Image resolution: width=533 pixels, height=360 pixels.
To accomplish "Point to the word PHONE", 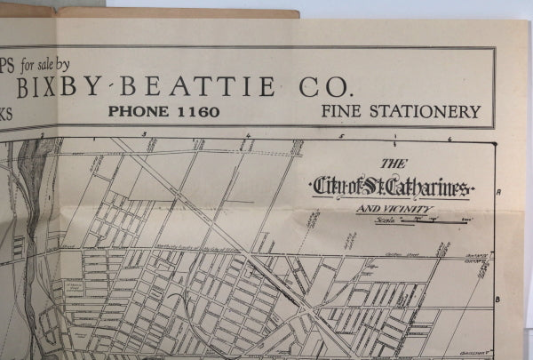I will pyautogui.click(x=138, y=112).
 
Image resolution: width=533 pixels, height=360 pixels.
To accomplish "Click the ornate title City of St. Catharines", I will pyautogui.click(x=392, y=188).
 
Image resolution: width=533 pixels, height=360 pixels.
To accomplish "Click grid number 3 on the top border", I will pyautogui.click(x=144, y=134).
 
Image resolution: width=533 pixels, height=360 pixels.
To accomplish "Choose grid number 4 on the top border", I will pyautogui.click(x=249, y=136).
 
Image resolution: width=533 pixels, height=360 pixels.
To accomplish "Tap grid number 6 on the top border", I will pyautogui.click(x=449, y=139).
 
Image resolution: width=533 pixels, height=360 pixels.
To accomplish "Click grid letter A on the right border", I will pyautogui.click(x=500, y=192).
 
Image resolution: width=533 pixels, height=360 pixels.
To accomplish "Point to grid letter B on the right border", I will pyautogui.click(x=498, y=299).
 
